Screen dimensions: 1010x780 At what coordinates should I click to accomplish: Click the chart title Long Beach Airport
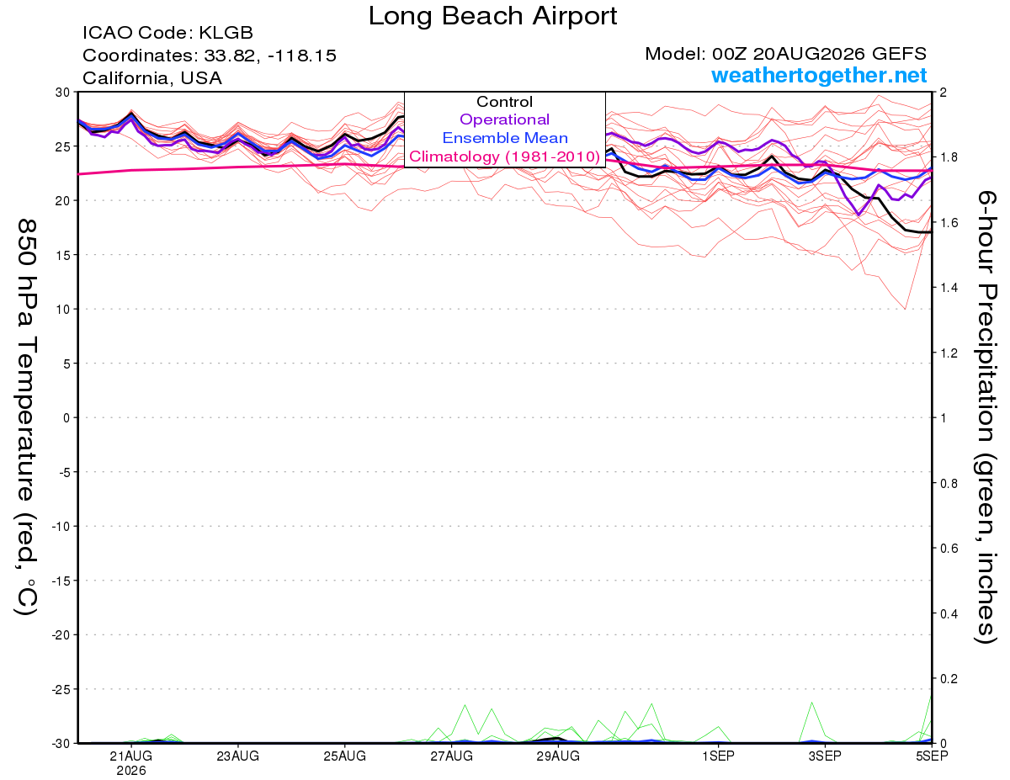point(492,17)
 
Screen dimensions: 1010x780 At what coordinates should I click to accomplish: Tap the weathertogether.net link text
point(819,75)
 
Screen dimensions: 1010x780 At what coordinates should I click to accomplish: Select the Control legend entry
point(504,102)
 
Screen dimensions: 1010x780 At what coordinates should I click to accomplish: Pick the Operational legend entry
point(504,119)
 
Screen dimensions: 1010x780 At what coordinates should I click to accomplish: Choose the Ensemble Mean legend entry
point(505,138)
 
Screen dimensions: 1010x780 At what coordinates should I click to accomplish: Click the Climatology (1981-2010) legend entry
point(504,157)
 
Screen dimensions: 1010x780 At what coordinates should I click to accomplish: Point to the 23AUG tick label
point(237,756)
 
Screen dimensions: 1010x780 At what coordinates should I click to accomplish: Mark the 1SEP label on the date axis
point(718,756)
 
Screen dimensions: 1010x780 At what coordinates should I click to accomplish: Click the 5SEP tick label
point(932,756)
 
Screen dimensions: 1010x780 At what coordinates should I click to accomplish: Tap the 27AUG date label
point(451,756)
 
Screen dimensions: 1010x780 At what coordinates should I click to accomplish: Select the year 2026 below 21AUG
point(131,772)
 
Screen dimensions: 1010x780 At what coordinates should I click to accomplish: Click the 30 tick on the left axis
point(63,93)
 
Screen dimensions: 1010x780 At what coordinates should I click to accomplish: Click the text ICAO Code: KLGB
point(167,33)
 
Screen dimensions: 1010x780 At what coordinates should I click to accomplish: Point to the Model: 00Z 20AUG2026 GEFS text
point(785,54)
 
